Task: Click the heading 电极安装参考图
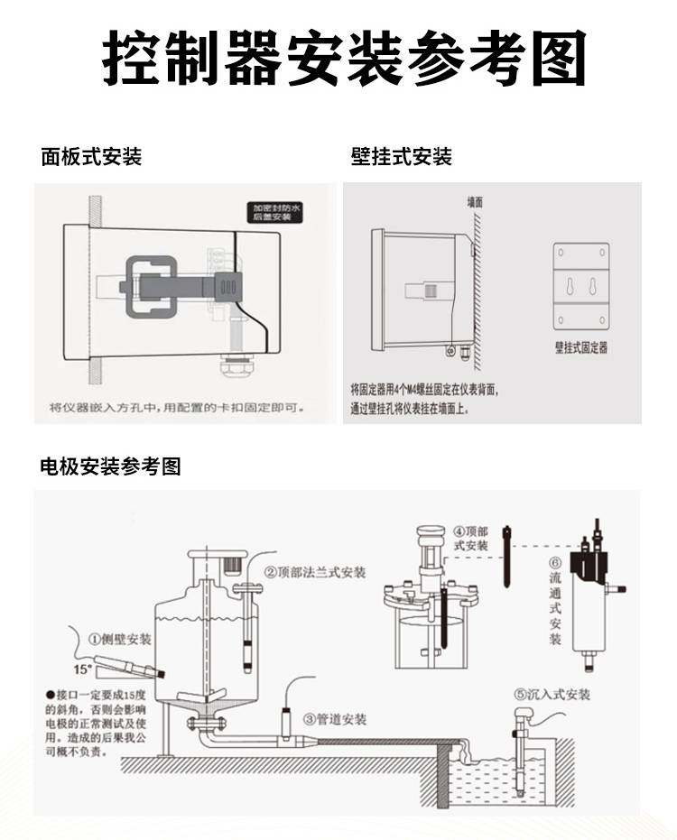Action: click(111, 466)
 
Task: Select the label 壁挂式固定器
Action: click(580, 347)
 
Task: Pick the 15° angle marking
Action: click(83, 669)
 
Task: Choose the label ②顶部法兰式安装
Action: click(315, 572)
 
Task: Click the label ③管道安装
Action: click(335, 719)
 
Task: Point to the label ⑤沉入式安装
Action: click(552, 694)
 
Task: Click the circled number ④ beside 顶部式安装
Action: click(459, 531)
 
